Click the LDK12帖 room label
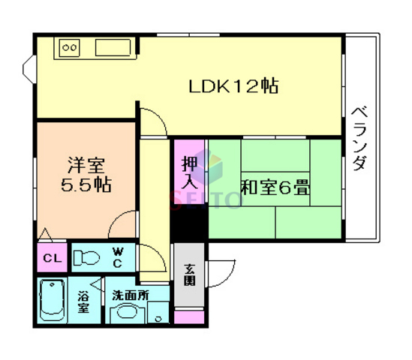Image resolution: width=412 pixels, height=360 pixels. tap(233, 85)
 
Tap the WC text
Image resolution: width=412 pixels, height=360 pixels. tap(119, 257)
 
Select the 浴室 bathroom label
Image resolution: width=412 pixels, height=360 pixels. tap(84, 301)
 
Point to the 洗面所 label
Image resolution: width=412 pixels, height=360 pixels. tap(130, 295)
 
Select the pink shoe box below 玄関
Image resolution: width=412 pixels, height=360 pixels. tap(189, 315)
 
